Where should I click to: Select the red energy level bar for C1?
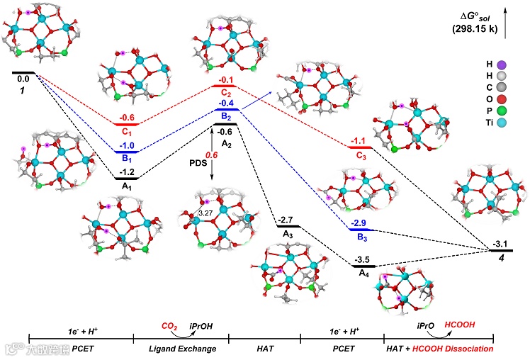pos(125,124)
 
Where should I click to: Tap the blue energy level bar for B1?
pos(125,151)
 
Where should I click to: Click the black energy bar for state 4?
pos(501,250)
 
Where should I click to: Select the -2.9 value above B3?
pos(359,223)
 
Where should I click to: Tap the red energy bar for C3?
pos(359,147)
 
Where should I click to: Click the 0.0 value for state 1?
pos(23,80)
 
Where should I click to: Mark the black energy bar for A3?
pos(289,227)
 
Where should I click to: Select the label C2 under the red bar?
pos(226,94)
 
